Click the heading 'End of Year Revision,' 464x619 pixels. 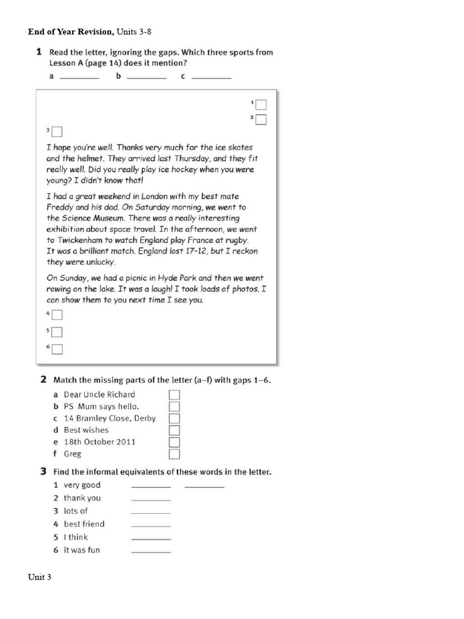[x=70, y=31]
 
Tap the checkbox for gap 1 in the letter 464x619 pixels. [x=260, y=105]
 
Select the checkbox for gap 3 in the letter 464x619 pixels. [x=57, y=131]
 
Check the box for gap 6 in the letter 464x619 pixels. [x=57, y=349]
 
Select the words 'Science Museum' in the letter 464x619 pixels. [x=89, y=218]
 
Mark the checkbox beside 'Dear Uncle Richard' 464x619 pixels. [x=175, y=395]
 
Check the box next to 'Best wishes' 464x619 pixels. [x=175, y=430]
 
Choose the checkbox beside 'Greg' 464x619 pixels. [x=175, y=454]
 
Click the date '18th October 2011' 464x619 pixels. [x=99, y=442]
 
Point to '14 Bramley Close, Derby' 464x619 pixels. [x=109, y=418]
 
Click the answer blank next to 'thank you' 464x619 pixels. [x=151, y=499]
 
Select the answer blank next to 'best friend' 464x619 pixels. [x=151, y=525]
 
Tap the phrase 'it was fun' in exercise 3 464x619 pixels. [x=82, y=550]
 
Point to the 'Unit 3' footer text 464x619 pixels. [x=39, y=577]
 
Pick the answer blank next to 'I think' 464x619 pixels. [x=151, y=538]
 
